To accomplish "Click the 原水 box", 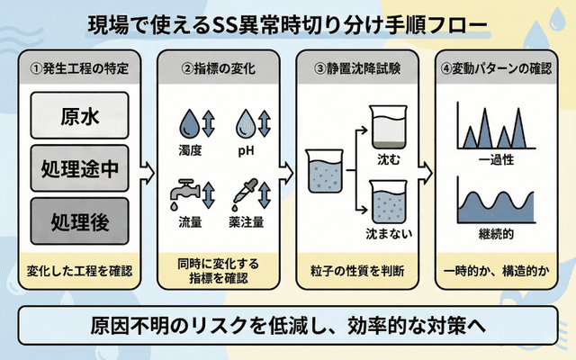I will click(81, 118).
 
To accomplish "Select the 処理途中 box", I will click(81, 169).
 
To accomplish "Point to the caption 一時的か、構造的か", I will click(497, 270).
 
